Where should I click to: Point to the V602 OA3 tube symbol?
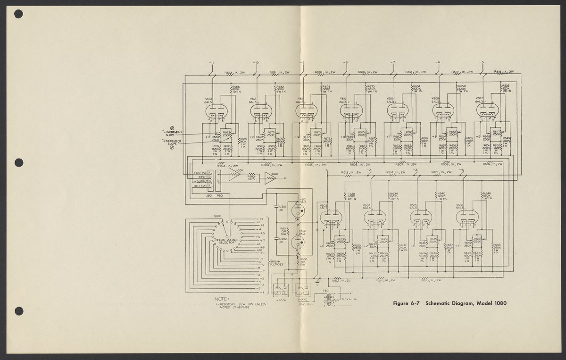(x=296, y=243)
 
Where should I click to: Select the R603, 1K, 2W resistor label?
(x=227, y=166)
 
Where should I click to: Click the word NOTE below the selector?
(x=221, y=299)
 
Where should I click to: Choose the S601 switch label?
(x=217, y=216)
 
